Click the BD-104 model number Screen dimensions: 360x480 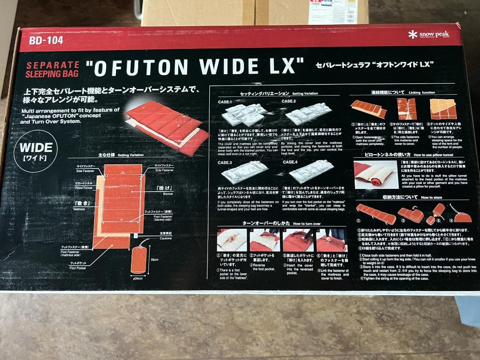[x=46, y=41]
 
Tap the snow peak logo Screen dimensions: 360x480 [x=429, y=35]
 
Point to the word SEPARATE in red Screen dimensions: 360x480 [x=52, y=65]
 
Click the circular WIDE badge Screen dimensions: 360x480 [x=36, y=151]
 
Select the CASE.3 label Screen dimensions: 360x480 [x=225, y=163]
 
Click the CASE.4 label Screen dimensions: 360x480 [x=290, y=163]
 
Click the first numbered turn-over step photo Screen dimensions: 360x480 [x=231, y=240]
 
